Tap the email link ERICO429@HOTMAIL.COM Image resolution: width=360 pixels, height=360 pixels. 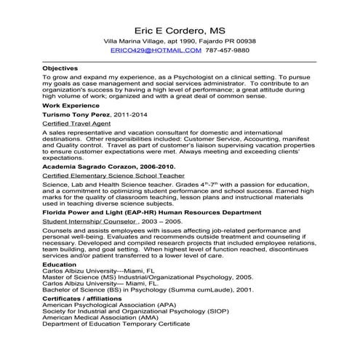pyautogui.click(x=156, y=51)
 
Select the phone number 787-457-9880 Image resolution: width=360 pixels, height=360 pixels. pyautogui.click(x=226, y=51)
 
